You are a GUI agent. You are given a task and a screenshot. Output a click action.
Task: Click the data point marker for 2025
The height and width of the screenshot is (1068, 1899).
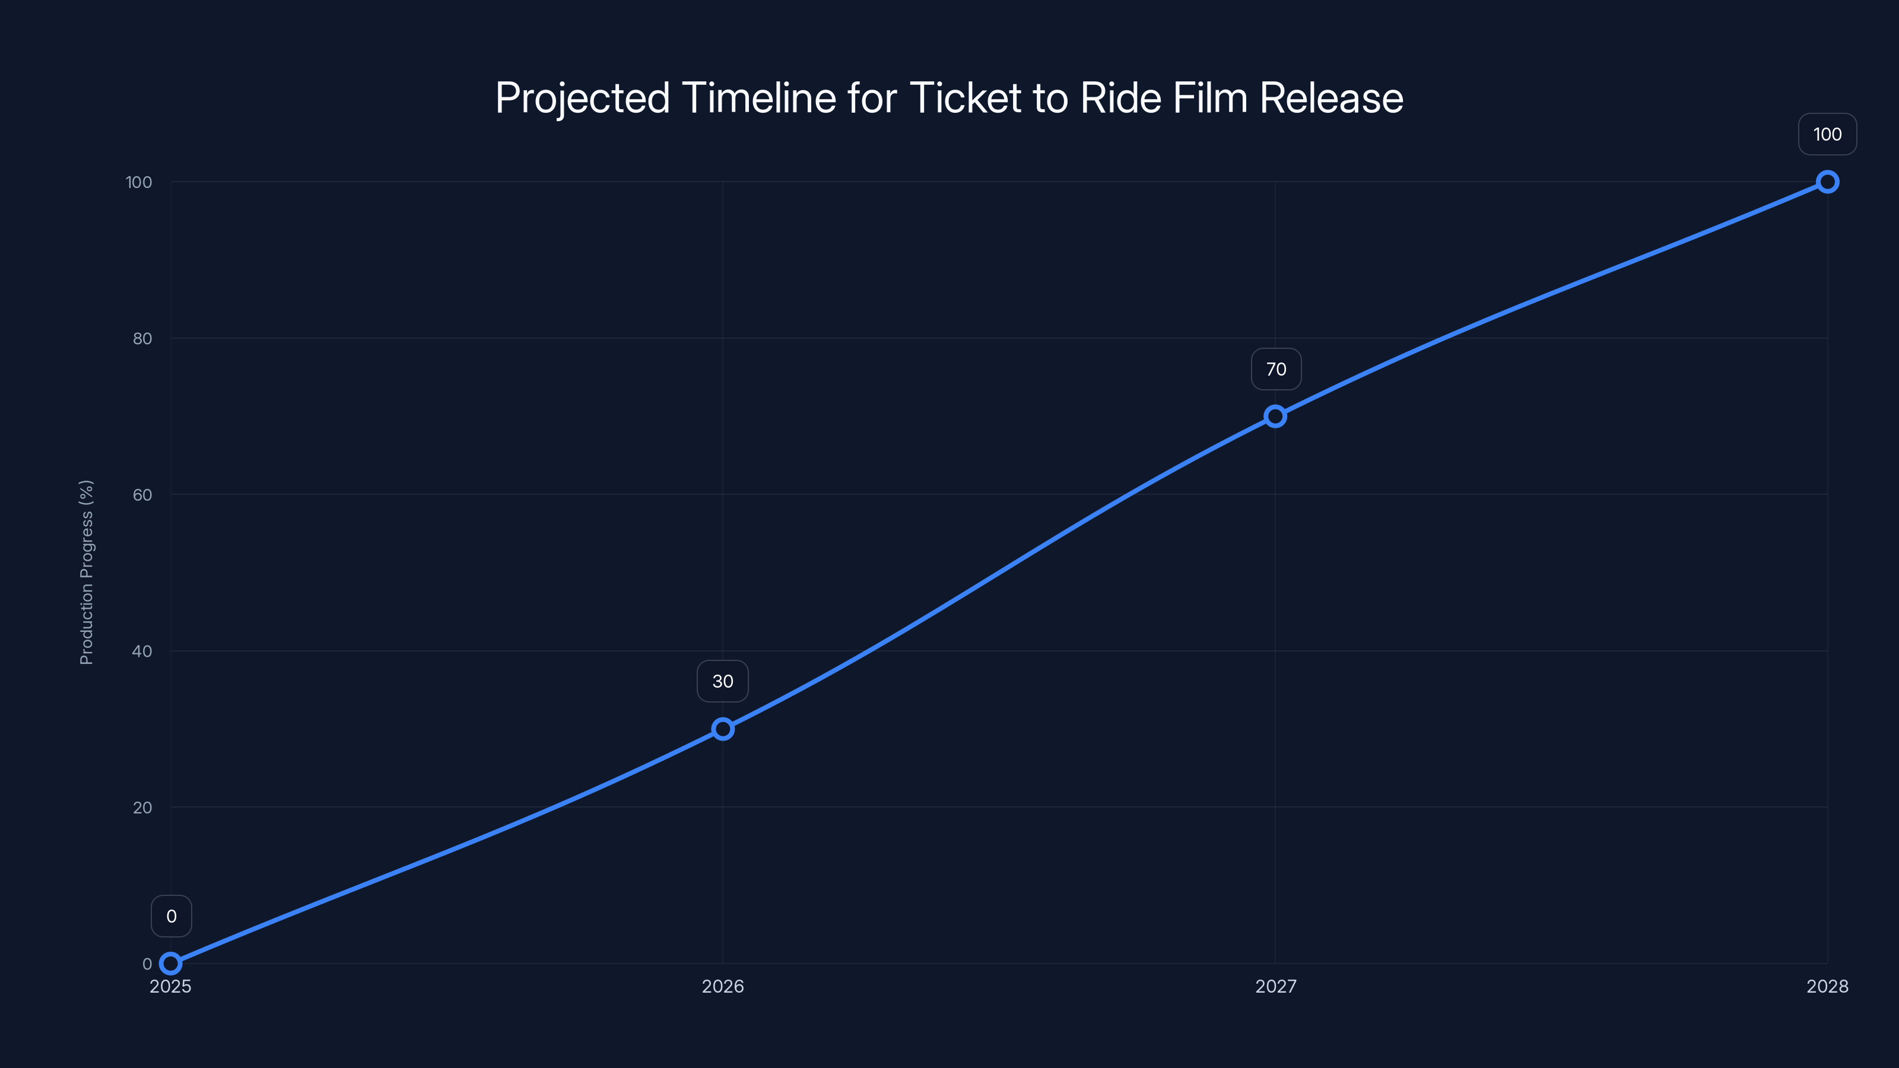pyautogui.click(x=170, y=964)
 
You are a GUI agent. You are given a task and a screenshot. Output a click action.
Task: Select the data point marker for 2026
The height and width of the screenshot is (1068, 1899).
pyautogui.click(x=722, y=729)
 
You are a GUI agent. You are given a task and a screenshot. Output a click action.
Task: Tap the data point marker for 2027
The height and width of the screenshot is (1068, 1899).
pyautogui.click(x=1275, y=417)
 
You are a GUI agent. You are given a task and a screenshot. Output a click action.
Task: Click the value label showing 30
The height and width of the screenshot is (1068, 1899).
pyautogui.click(x=722, y=681)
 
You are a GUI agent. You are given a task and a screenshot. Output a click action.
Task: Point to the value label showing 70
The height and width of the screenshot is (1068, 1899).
pyautogui.click(x=1276, y=369)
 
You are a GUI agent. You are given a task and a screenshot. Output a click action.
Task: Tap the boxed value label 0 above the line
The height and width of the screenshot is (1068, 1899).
pyautogui.click(x=172, y=916)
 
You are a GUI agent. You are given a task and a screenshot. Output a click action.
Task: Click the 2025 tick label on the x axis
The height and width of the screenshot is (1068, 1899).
pyautogui.click(x=170, y=986)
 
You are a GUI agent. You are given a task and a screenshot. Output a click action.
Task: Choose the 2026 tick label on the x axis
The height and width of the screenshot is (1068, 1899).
pyautogui.click(x=722, y=986)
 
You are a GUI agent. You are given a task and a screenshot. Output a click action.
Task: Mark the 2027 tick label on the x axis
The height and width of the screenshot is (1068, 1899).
pyautogui.click(x=1275, y=986)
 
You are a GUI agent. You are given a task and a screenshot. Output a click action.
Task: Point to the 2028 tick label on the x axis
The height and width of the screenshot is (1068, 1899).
pyautogui.click(x=1827, y=986)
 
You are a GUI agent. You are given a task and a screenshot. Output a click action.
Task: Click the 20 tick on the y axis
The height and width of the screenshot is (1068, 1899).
pyautogui.click(x=142, y=808)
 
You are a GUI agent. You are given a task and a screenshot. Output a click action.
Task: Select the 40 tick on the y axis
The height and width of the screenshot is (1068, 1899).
pyautogui.click(x=142, y=651)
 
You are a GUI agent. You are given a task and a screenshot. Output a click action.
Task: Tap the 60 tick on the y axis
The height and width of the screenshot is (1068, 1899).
pyautogui.click(x=142, y=495)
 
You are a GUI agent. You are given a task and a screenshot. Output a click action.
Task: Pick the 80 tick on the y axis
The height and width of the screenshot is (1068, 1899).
pyautogui.click(x=142, y=338)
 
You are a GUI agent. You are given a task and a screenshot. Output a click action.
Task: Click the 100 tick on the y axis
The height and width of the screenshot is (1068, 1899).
pyautogui.click(x=139, y=182)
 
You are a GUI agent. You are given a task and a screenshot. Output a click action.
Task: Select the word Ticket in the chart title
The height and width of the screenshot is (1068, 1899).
pyautogui.click(x=966, y=98)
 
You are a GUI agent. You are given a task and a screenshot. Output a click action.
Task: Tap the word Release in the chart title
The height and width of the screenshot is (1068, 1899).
pyautogui.click(x=1330, y=98)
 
